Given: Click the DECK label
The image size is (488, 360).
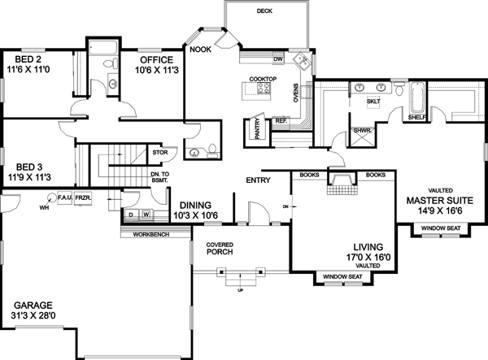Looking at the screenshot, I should pos(264,11).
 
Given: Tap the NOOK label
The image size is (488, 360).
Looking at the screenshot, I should pos(201,50).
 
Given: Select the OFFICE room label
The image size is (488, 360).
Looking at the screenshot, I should pos(156,60).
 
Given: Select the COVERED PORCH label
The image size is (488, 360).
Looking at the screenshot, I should pos(220,248).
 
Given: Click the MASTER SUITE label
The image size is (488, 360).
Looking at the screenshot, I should pos(434,199).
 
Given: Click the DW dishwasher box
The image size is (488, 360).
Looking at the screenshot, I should pos(278,59).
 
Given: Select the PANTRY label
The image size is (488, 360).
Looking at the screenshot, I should pos(257,128).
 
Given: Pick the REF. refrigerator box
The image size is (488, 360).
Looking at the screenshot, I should pos(281,120).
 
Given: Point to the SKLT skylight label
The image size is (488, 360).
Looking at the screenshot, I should pos(373,102).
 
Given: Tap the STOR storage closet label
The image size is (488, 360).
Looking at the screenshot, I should pos(159,150).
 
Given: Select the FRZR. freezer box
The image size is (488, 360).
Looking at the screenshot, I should pos(82,197).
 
